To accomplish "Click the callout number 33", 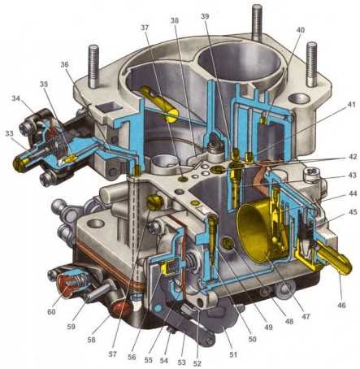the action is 9,133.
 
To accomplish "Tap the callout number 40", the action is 300,29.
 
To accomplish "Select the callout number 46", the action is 342,305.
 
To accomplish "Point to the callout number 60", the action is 51,311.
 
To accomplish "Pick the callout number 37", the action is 145,28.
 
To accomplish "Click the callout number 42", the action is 352,157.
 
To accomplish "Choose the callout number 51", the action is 233,354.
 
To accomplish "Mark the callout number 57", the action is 112,354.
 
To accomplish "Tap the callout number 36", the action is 65,64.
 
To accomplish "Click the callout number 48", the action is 289,321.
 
